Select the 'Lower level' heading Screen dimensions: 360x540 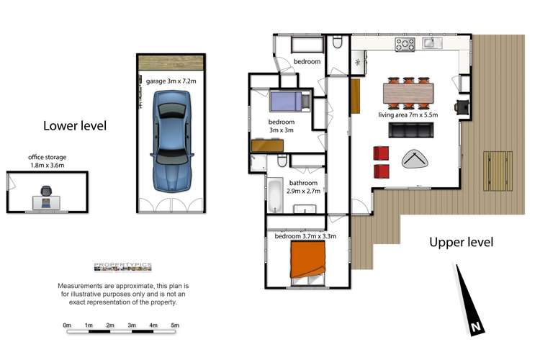click(x=75, y=126)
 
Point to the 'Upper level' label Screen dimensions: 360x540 click(x=462, y=243)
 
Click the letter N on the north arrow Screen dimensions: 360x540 click(x=475, y=328)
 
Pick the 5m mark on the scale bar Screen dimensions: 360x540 click(x=175, y=325)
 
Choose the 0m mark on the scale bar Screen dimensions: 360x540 click(x=68, y=325)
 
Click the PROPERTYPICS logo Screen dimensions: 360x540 click(x=122, y=266)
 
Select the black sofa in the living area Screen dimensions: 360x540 click(x=411, y=130)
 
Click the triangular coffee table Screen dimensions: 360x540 click(x=413, y=159)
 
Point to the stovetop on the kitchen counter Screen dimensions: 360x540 click(x=405, y=45)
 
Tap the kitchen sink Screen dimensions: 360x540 click(x=433, y=45)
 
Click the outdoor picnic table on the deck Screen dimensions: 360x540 click(x=497, y=168)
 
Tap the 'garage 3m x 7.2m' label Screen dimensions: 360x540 click(x=171, y=81)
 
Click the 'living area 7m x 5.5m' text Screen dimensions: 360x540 click(x=408, y=114)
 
